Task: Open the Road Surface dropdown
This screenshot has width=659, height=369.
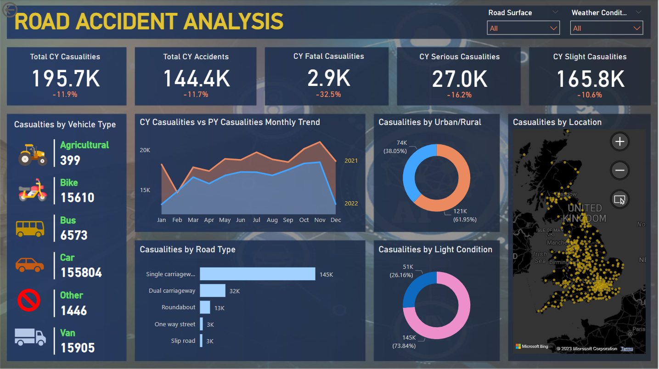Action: coord(523,28)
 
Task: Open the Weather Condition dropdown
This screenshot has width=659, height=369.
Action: coord(606,28)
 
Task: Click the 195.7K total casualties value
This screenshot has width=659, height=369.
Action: coord(66,79)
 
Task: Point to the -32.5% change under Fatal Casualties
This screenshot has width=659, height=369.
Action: coord(328,94)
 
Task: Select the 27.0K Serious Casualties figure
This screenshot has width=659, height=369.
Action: coord(459,79)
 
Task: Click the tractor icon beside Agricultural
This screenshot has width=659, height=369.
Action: coord(32,154)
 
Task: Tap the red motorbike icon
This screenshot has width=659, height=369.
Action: coord(33,190)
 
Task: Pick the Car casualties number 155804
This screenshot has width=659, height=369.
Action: coord(81,272)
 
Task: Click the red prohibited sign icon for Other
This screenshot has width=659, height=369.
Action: coord(29,301)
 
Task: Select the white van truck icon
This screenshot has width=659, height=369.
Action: coord(30,337)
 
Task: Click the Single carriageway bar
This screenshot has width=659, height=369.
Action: coord(258,274)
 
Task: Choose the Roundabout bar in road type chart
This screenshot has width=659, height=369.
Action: coord(205,307)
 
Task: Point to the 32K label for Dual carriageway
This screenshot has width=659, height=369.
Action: coord(234,291)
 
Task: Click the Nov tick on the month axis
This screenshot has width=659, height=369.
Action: coord(320,220)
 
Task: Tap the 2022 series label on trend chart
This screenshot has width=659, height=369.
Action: coord(351,203)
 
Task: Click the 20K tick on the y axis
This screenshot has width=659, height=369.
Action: coord(145,150)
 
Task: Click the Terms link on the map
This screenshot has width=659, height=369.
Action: coord(627,349)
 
